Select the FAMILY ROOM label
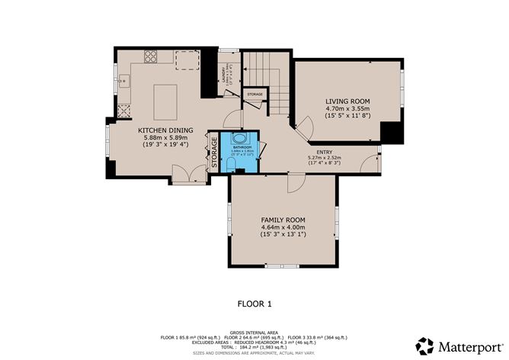tap(283, 219)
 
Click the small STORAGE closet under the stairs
tap(254, 95)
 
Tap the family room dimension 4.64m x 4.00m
tap(283, 227)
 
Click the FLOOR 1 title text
tap(254, 303)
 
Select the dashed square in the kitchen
tap(186, 59)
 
